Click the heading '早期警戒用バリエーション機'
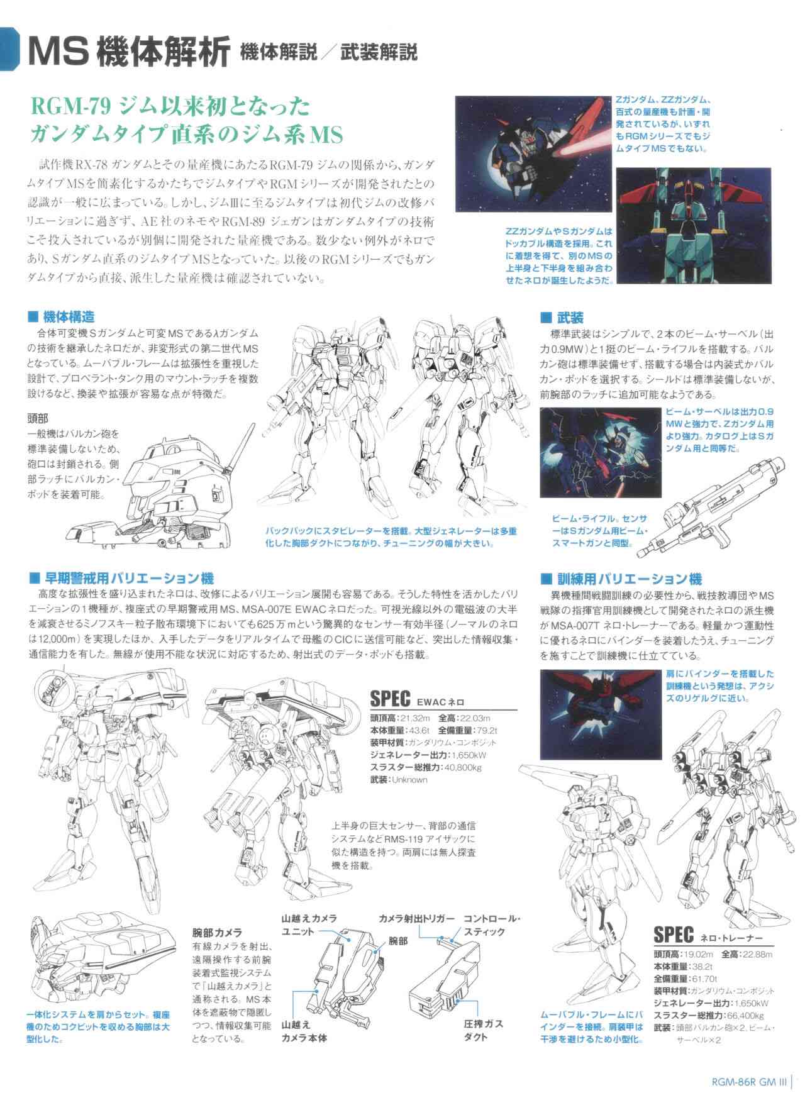pos(129,578)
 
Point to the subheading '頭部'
pos(38,418)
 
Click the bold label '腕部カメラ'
pos(218,932)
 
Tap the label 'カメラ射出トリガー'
pos(416,919)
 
